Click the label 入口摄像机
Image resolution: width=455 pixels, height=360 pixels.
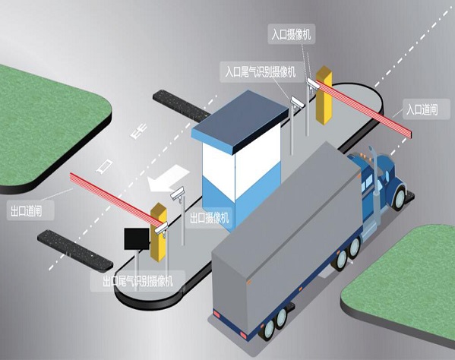click(291, 34)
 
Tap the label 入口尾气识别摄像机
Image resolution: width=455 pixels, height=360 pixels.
click(261, 71)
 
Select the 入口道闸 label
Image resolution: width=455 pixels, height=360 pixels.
click(422, 110)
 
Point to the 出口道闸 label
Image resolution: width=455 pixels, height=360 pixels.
click(26, 211)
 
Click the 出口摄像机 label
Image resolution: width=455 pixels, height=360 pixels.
click(210, 218)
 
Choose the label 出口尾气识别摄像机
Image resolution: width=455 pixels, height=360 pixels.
click(138, 281)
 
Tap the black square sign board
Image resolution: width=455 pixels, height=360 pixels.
click(137, 238)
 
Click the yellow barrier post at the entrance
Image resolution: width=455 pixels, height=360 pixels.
click(324, 96)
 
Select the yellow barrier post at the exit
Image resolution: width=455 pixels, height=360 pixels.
click(159, 232)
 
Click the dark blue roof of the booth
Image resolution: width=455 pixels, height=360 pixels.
click(240, 117)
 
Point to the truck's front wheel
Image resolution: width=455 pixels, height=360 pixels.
click(400, 198)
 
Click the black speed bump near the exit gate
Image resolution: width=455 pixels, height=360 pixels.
click(75, 251)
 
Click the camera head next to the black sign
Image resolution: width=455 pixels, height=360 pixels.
click(161, 227)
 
